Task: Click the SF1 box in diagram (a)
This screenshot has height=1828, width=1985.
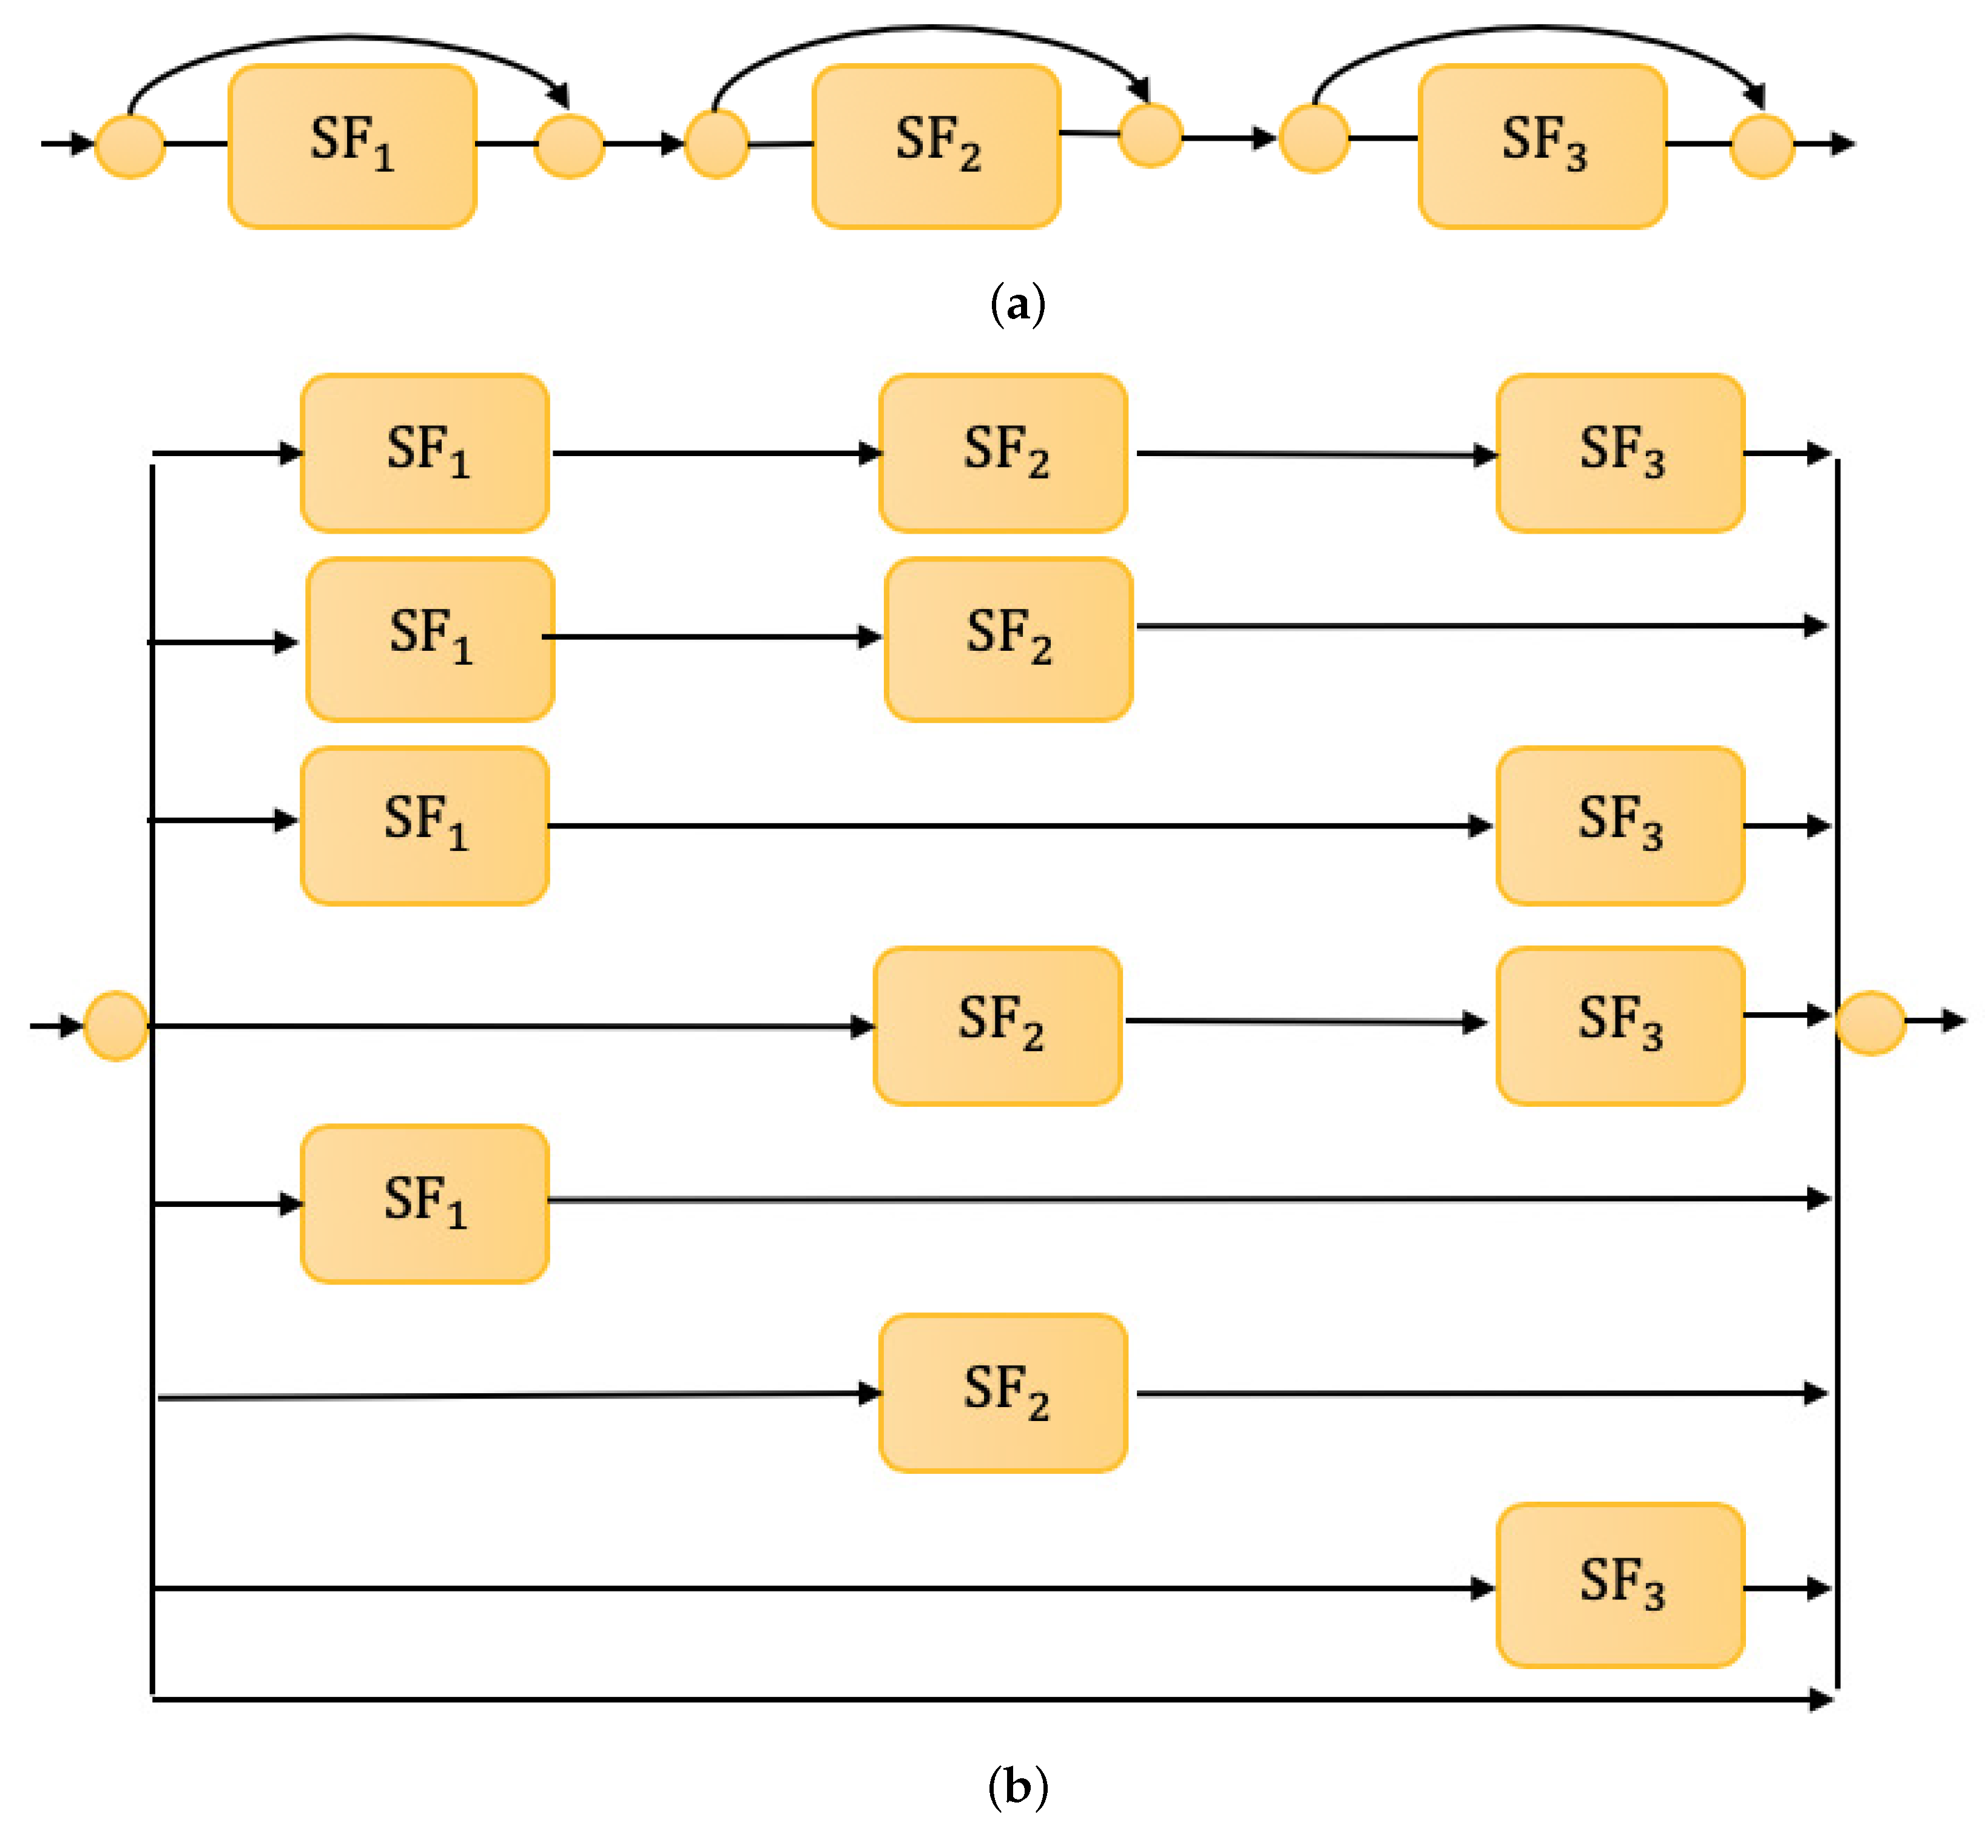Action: [x=352, y=146]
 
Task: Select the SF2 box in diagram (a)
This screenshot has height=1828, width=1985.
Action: [x=936, y=146]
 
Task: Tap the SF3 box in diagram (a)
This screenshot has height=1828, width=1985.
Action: [x=1542, y=146]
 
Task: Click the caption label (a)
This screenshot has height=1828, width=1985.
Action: [x=1017, y=304]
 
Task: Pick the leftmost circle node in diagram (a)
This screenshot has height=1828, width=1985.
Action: [x=130, y=146]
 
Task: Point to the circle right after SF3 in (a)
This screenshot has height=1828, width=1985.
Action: [x=1762, y=146]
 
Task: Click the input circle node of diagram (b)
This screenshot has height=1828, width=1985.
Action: [x=116, y=1026]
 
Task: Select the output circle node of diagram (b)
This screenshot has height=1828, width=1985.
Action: [x=1869, y=1023]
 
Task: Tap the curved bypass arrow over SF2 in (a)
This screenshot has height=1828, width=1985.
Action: [x=930, y=30]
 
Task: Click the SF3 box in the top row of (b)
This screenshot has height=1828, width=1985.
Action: [x=1620, y=453]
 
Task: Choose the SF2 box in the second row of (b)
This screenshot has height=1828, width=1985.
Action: [x=1008, y=639]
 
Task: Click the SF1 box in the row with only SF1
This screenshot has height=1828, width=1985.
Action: [x=425, y=1204]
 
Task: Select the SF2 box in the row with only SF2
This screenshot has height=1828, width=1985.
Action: [x=1002, y=1393]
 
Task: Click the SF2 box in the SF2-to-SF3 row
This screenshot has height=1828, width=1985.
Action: [x=997, y=1026]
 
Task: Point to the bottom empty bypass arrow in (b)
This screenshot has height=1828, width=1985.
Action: [x=989, y=1699]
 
